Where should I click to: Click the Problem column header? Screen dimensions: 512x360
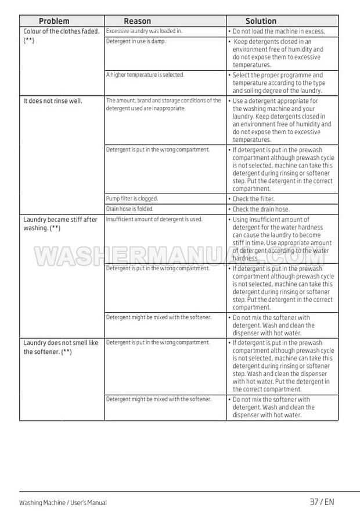54,21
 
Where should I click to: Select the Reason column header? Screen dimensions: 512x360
137,21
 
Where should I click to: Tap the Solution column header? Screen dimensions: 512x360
261,21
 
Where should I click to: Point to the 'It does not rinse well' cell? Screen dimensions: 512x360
53,101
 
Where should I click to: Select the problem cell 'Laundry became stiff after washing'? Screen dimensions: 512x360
60,224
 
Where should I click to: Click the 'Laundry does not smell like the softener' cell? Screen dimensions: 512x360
61,348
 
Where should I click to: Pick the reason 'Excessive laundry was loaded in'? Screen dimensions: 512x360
144,31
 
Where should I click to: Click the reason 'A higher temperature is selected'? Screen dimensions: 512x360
145,75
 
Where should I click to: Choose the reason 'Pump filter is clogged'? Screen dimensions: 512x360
132,199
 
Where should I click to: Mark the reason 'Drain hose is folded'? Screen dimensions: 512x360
129,209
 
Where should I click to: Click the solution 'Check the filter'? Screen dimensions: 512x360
254,199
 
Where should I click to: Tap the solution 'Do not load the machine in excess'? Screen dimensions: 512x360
279,31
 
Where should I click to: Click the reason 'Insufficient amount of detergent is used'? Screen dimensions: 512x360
154,220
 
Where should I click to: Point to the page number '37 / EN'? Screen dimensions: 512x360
322,502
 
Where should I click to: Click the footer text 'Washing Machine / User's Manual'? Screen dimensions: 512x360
63,503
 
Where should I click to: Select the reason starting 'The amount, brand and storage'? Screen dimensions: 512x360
163,105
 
